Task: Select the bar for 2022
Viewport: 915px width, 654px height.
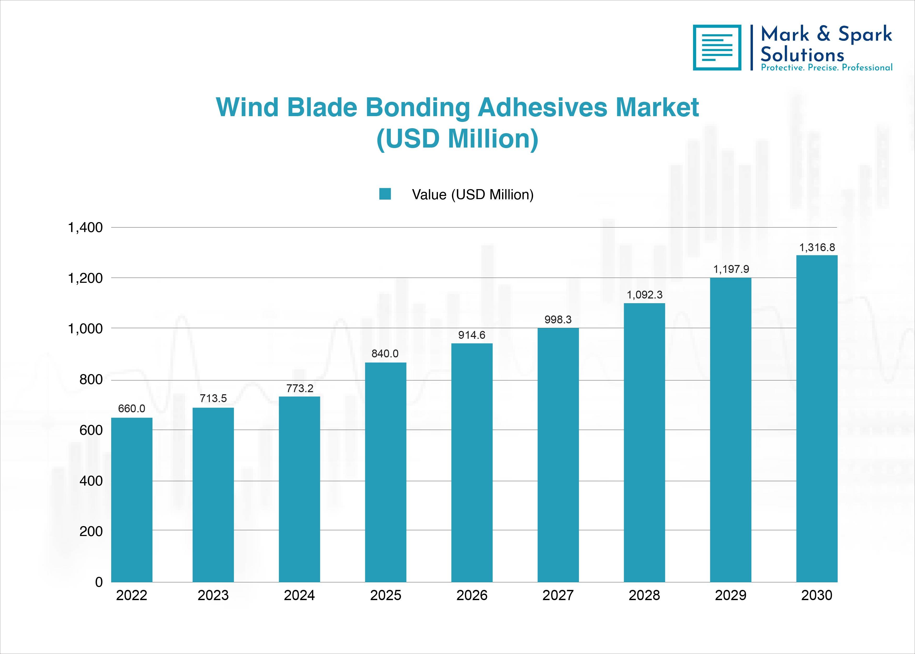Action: pos(131,500)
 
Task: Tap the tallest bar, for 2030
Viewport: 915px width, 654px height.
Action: pos(817,418)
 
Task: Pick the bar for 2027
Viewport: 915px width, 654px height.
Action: pos(558,455)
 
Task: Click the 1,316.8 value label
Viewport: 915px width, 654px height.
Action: pos(817,247)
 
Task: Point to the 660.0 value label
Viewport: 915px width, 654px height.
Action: pos(131,409)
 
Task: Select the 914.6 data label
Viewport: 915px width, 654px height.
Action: pos(472,335)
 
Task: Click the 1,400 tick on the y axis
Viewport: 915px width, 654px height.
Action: pos(85,228)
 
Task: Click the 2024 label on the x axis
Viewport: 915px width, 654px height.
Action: pos(299,595)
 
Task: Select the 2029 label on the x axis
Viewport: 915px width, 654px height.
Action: pos(730,595)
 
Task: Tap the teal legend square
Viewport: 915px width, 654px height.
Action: pos(385,194)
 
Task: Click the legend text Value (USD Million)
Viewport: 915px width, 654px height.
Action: pos(473,195)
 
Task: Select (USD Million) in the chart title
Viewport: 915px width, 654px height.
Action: pos(458,139)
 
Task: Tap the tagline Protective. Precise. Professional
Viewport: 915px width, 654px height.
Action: pos(826,68)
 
